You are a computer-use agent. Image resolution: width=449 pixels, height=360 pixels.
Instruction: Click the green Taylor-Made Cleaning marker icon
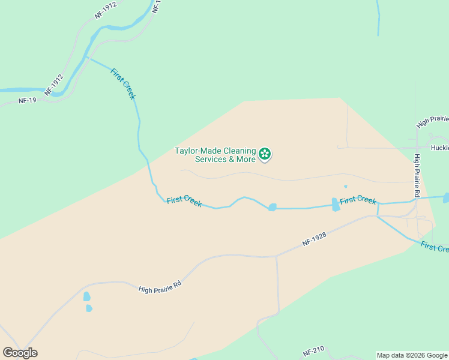tap(265, 155)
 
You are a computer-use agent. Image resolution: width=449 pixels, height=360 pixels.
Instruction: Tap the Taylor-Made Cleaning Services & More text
tap(215, 155)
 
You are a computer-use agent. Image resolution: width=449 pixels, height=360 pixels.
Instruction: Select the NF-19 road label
tap(28, 100)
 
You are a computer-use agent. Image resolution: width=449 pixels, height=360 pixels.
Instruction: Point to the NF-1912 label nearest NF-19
tap(54, 85)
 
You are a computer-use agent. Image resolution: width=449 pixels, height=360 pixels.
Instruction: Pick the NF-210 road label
tap(313, 349)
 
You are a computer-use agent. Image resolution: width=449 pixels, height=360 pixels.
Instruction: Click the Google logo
tap(20, 353)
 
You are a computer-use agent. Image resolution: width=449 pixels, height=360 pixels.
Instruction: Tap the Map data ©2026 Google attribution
tap(412, 355)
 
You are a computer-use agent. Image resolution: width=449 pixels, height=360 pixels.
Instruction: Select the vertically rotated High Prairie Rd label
tap(416, 176)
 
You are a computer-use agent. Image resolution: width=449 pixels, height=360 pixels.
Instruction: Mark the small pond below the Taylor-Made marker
tap(272, 207)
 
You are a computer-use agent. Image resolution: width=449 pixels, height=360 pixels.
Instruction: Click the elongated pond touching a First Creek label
tap(336, 205)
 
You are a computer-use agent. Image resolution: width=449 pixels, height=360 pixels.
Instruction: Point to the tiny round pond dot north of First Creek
tap(345, 186)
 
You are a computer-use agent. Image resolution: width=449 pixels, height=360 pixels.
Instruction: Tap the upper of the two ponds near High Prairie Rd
tap(87, 296)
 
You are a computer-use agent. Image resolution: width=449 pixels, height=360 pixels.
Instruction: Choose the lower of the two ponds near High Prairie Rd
tap(89, 308)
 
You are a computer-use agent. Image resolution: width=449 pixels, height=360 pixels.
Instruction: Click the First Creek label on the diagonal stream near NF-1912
tap(124, 84)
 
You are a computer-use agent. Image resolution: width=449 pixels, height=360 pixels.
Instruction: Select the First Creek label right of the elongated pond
tap(358, 200)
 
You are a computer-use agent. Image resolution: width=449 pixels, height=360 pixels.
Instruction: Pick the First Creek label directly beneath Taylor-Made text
tap(184, 201)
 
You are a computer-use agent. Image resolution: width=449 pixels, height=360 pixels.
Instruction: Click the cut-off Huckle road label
tap(439, 147)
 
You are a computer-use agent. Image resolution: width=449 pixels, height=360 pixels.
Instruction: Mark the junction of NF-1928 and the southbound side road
tap(276, 256)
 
